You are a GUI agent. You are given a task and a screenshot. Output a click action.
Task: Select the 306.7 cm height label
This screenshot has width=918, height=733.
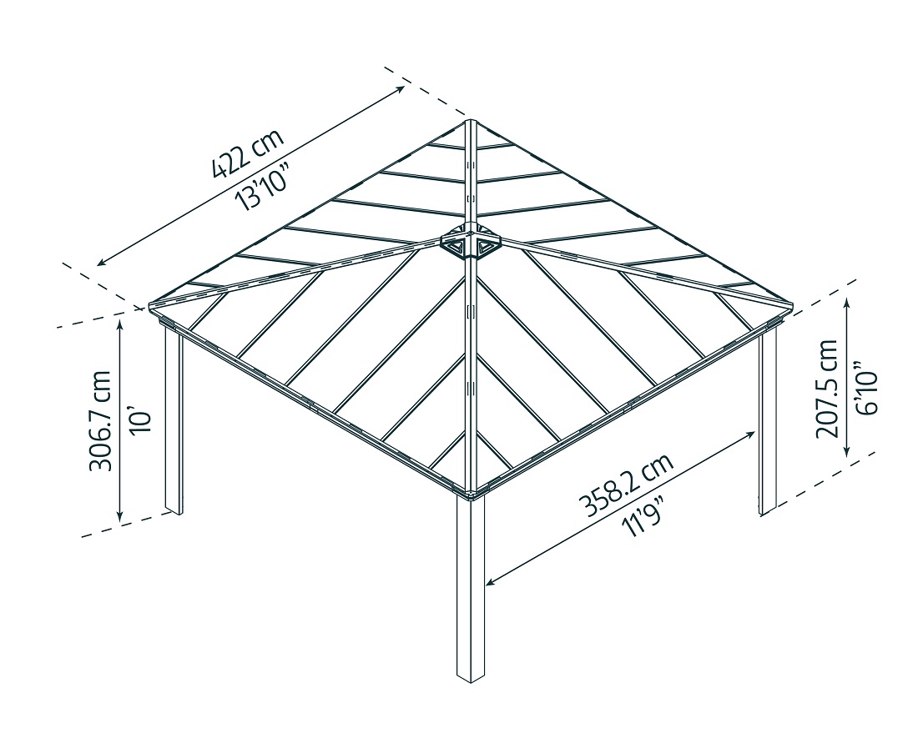tap(101, 420)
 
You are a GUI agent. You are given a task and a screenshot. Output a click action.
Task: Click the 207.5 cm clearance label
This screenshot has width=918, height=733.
tap(827, 388)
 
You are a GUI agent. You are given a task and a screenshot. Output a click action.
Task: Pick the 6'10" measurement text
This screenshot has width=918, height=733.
tap(867, 388)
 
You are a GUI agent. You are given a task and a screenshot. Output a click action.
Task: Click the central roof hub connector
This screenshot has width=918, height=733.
tap(471, 243)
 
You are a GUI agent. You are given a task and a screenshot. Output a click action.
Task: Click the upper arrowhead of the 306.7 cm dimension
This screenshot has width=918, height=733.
tap(122, 326)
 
